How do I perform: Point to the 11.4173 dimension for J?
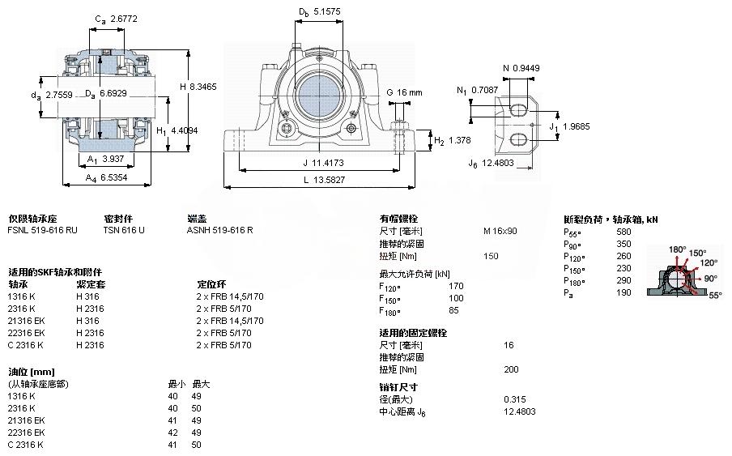coord(316,161)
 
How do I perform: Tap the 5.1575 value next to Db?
coord(327,12)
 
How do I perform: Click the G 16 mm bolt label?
coord(404,92)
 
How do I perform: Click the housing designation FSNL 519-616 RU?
coord(43,230)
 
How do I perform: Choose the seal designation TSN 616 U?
coord(124,230)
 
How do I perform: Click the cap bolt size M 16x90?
coord(500,231)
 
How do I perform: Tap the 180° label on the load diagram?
coord(677,249)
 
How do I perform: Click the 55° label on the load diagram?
coord(715,296)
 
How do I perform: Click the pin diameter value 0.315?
coord(514,398)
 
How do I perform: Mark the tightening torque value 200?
coord(511,369)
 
